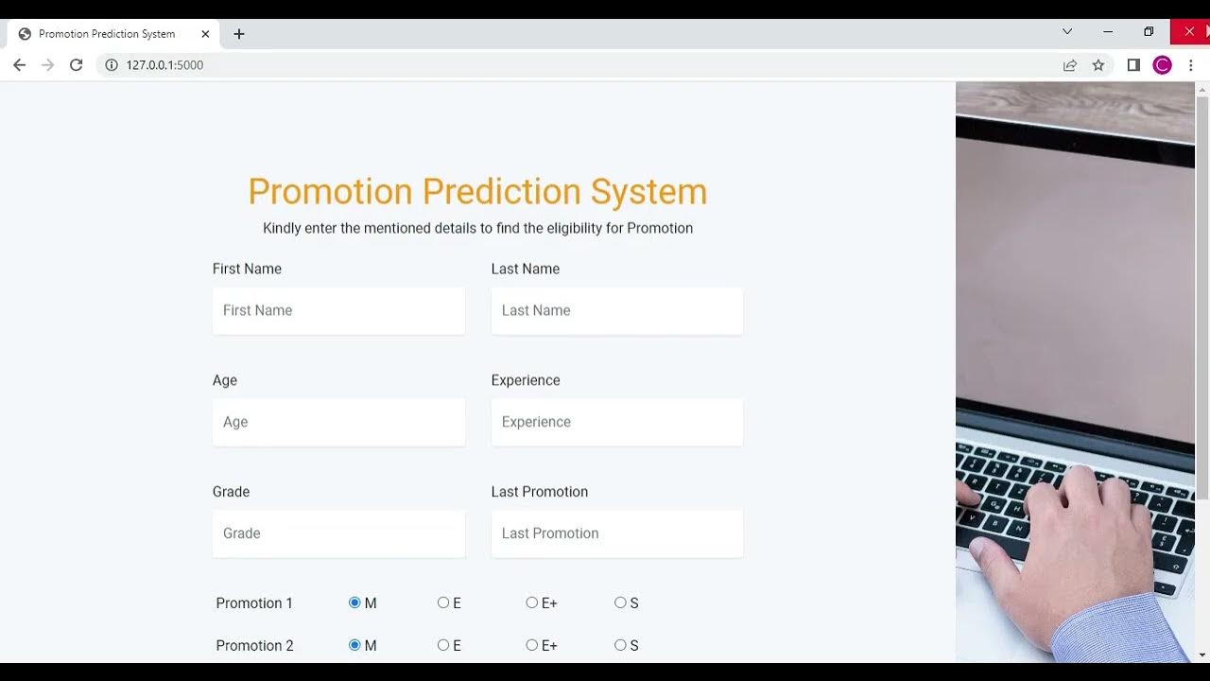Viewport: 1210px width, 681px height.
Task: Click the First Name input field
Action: (x=338, y=310)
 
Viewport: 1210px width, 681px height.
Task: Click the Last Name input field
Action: (x=616, y=310)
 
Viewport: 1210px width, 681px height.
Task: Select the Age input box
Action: (x=338, y=422)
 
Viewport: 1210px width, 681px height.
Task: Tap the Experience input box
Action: (x=616, y=422)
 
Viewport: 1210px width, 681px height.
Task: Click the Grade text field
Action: (x=338, y=533)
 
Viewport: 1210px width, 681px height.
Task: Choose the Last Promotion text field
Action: (x=616, y=533)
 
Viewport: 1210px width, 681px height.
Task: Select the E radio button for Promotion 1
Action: (x=443, y=602)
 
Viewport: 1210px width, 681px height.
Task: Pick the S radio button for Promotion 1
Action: (x=620, y=602)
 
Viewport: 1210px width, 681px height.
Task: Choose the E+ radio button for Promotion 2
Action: (x=532, y=645)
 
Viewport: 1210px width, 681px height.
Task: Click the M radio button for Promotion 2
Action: (x=354, y=645)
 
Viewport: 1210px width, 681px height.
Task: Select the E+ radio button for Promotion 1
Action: (x=532, y=602)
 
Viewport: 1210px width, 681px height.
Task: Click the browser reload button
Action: (x=77, y=65)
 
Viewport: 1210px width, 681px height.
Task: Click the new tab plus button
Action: (x=239, y=34)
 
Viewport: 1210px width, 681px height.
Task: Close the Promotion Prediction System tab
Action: (x=205, y=34)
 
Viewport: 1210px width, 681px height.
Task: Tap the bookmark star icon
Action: (x=1098, y=65)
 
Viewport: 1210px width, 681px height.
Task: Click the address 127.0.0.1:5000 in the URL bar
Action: (x=164, y=65)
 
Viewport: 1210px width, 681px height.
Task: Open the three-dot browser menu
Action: (x=1191, y=65)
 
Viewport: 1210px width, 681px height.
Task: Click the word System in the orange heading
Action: (x=648, y=192)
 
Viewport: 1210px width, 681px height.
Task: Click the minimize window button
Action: (x=1108, y=31)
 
